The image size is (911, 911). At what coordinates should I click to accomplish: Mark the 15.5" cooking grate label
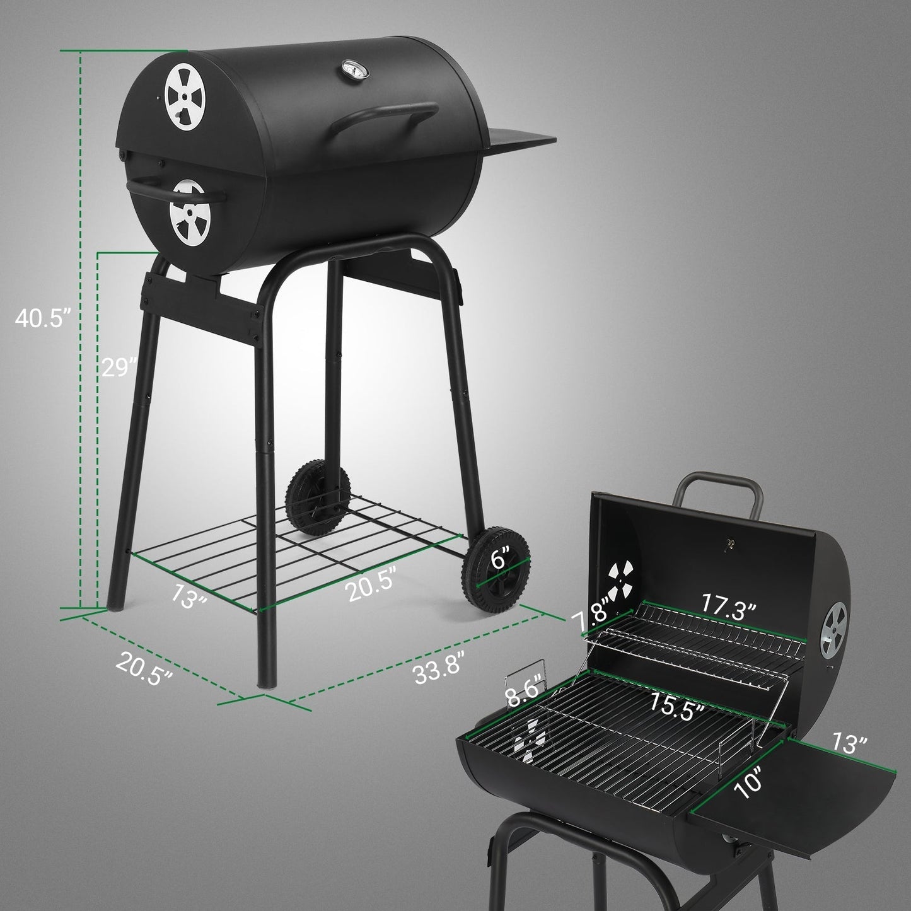[x=677, y=712]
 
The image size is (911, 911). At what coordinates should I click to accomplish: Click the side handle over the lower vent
[x=177, y=190]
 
